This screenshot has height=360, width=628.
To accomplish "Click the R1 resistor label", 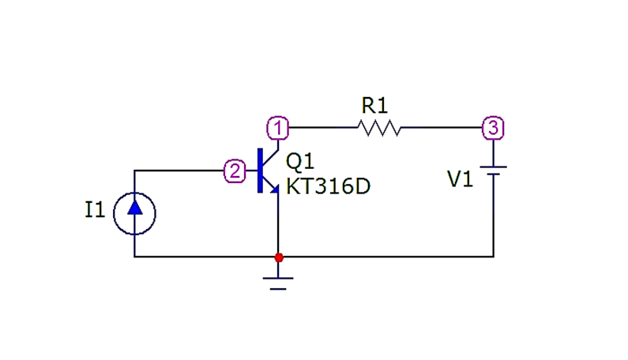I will click(375, 105).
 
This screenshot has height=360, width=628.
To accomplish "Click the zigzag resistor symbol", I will click(379, 127).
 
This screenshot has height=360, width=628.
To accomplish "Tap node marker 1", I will click(277, 127).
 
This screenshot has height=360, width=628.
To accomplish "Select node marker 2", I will click(235, 171).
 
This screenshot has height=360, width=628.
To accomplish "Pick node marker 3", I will click(493, 127).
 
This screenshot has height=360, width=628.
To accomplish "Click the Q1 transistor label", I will click(300, 162).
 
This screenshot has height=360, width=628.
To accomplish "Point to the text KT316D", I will click(327, 187).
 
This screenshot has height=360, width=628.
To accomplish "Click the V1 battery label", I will click(461, 180).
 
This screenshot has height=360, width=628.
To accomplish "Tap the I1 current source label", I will click(95, 210).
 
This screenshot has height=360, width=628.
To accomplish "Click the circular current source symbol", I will click(134, 212).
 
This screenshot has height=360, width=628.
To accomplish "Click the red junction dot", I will click(278, 257).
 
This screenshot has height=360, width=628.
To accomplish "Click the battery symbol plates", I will click(494, 171).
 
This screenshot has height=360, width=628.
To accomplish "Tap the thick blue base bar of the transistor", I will click(260, 171).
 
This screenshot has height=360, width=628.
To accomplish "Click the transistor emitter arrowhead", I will click(274, 189).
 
